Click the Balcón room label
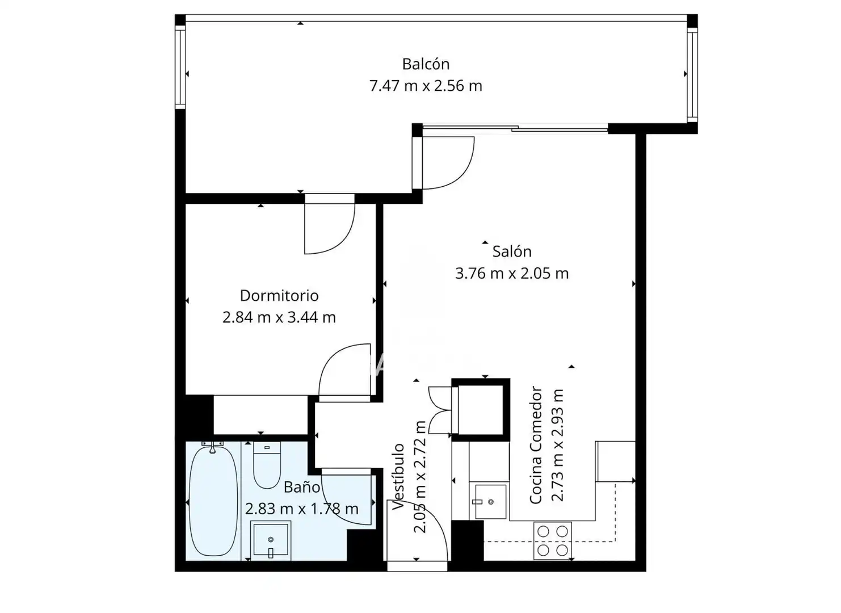tap(426, 64)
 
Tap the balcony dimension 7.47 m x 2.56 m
tap(426, 86)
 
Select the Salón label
tap(512, 251)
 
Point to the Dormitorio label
tap(279, 296)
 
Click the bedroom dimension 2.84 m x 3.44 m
tap(279, 317)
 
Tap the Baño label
tap(302, 487)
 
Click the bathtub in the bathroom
tap(213, 501)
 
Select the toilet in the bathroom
tap(267, 465)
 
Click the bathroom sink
tap(271, 539)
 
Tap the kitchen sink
tap(490, 501)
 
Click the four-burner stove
tap(553, 541)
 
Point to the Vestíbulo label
tap(398, 477)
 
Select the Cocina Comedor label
tap(536, 445)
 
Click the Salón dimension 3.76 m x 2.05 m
tap(512, 274)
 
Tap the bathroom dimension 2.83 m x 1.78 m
tap(302, 509)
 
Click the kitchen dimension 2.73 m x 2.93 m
tap(557, 445)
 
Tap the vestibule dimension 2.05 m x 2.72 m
tap(420, 477)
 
